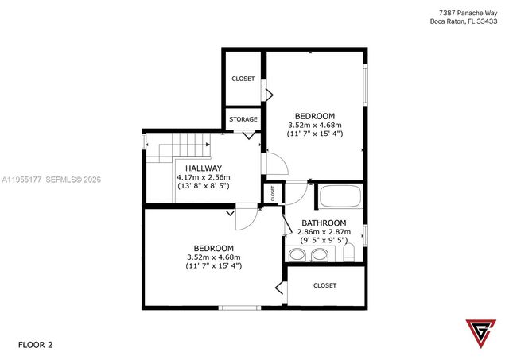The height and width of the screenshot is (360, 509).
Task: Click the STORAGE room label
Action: [243, 119]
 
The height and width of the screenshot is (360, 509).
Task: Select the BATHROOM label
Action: [324, 223]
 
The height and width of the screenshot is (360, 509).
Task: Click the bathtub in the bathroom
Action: [340, 196]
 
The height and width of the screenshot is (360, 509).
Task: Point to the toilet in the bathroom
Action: [348, 254]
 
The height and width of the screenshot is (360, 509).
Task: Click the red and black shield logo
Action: [478, 334]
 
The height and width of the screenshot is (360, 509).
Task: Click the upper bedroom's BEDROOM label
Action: [314, 115]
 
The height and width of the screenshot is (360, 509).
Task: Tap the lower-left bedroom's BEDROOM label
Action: [213, 248]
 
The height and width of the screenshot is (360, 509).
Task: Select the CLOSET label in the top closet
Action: [243, 79]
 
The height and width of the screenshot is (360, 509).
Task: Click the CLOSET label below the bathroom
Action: [324, 285]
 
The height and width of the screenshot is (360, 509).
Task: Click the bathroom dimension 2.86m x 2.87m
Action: [324, 231]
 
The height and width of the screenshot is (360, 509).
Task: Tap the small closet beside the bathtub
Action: [272, 193]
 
